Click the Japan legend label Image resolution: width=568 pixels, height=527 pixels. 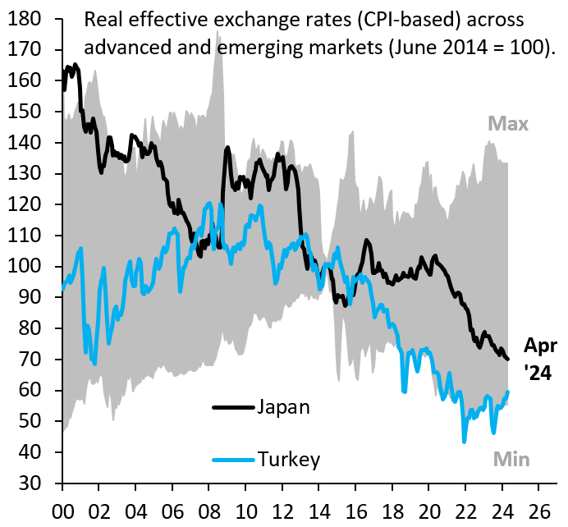(283, 407)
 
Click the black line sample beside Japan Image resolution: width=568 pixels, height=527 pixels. (233, 407)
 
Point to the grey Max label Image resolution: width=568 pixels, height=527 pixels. (508, 125)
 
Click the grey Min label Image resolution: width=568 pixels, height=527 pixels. (510, 460)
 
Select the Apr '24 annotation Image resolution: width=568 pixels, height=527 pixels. (540, 359)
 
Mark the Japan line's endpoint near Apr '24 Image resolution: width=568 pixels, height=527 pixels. (509, 359)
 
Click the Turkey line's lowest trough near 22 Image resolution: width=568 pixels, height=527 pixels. (465, 442)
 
